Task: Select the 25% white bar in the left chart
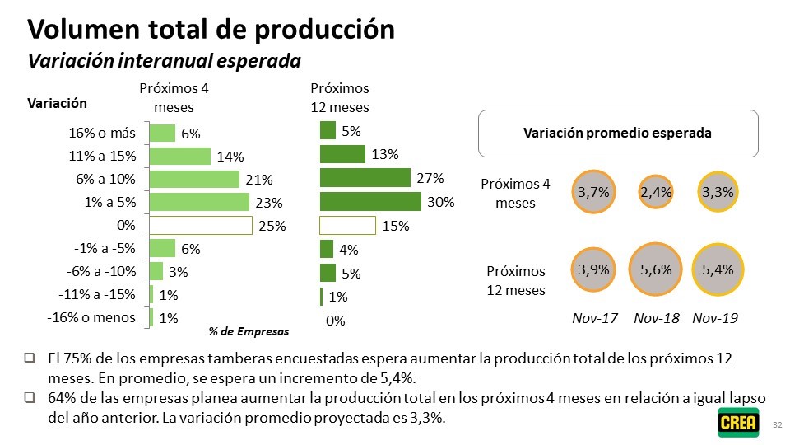tap(200, 225)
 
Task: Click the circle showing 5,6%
tap(656, 269)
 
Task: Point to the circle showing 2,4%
tap(656, 192)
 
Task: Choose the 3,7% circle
tap(593, 192)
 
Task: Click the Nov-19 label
tap(715, 318)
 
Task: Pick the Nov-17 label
tap(595, 318)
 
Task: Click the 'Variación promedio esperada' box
tap(617, 133)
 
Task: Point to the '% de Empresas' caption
tap(248, 332)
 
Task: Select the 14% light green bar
tap(180, 156)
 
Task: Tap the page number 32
tap(778, 424)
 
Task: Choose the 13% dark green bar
tap(342, 154)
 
